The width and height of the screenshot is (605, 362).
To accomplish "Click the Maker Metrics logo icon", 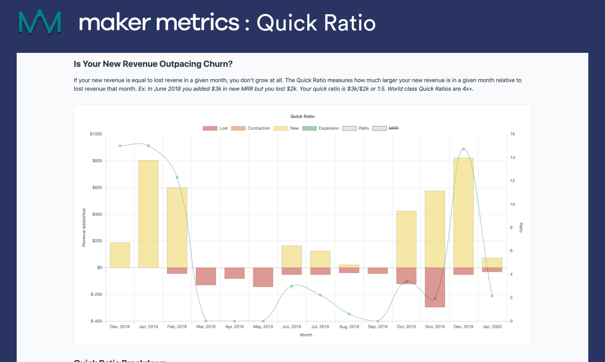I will (40, 21).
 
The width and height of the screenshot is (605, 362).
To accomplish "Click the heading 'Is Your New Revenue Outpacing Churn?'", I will (153, 64).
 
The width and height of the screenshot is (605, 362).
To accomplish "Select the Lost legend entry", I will (215, 128).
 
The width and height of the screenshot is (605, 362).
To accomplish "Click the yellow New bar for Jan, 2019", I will (148, 214).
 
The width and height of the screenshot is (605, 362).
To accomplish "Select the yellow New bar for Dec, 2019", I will (464, 212).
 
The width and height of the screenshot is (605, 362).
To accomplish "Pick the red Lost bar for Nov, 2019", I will (434, 287).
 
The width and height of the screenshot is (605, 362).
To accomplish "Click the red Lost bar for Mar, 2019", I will (206, 276).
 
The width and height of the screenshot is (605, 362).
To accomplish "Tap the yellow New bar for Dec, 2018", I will (120, 255).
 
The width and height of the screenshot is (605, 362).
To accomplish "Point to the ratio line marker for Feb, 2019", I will (177, 178).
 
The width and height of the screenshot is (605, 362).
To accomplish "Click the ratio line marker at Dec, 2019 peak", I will (464, 149).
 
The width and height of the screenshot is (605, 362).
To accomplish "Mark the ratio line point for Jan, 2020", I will (492, 296).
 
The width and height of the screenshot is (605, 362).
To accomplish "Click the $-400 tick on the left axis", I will (96, 321).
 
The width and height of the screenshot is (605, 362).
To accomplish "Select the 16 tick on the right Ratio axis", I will (513, 134).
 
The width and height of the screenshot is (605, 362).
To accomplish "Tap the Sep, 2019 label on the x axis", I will (377, 327).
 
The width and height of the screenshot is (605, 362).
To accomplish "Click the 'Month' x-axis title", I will (306, 335).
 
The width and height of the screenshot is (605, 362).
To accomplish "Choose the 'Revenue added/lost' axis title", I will (84, 228).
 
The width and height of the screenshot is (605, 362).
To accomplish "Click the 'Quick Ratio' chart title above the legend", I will (302, 116).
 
